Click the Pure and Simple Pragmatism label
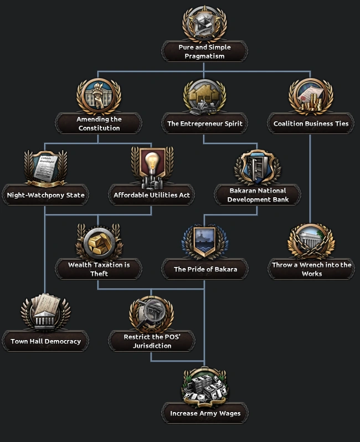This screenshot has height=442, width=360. point(204,52)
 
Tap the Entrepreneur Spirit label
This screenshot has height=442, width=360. point(204,124)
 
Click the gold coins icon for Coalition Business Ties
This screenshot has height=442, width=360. point(311,97)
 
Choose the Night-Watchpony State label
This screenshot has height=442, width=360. point(45,195)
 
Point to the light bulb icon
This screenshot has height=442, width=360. point(152,167)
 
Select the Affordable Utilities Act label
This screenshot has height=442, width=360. point(152,195)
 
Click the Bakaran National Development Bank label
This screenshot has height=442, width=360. point(258,195)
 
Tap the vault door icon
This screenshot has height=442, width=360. point(258,167)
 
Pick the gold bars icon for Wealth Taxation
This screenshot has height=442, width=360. point(99,241)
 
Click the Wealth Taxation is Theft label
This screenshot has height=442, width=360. point(99,269)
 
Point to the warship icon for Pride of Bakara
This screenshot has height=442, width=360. point(204,241)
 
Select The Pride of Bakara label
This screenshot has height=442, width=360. point(204,269)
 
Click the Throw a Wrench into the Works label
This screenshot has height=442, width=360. point(311,269)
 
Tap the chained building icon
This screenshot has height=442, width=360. point(311,241)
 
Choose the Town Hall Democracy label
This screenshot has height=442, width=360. point(45,341)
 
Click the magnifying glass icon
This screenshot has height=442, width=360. point(152,313)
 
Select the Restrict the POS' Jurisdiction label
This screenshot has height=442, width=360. point(152,341)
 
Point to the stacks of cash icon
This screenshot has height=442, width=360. point(205,386)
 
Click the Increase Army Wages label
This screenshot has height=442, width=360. point(205,413)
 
